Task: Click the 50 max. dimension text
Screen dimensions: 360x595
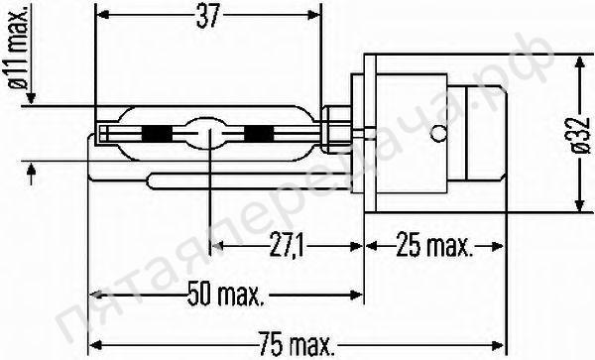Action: point(224,295)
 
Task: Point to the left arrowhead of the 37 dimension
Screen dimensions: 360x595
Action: point(101,16)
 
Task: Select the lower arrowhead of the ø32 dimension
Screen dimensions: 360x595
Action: point(577,205)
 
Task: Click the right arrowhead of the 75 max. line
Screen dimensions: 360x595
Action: point(502,345)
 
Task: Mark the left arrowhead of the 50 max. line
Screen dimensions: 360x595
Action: point(94,295)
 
